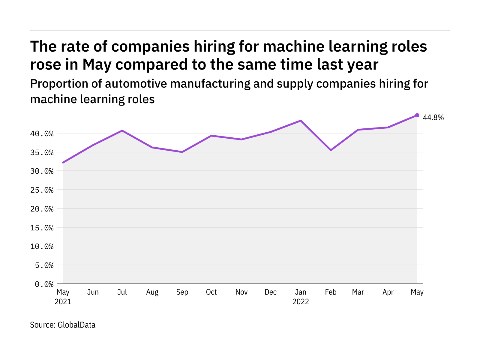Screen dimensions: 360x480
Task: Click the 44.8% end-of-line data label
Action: click(433, 118)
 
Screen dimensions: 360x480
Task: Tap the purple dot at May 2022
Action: click(417, 115)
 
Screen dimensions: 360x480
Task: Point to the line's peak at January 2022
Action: click(301, 121)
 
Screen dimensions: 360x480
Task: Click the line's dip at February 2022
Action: click(331, 150)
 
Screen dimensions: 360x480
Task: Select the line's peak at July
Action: click(122, 130)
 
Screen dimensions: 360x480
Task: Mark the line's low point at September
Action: click(182, 152)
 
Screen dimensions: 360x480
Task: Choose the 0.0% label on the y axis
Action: click(44, 284)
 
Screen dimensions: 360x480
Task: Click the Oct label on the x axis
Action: click(211, 292)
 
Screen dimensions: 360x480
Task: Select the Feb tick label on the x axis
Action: click(331, 292)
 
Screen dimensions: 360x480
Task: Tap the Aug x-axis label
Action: click(152, 292)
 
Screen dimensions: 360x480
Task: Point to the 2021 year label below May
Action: click(63, 301)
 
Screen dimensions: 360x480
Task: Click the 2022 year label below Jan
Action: click(301, 301)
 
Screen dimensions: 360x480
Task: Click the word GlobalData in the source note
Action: click(76, 325)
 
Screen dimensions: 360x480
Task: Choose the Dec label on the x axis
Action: click(271, 292)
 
